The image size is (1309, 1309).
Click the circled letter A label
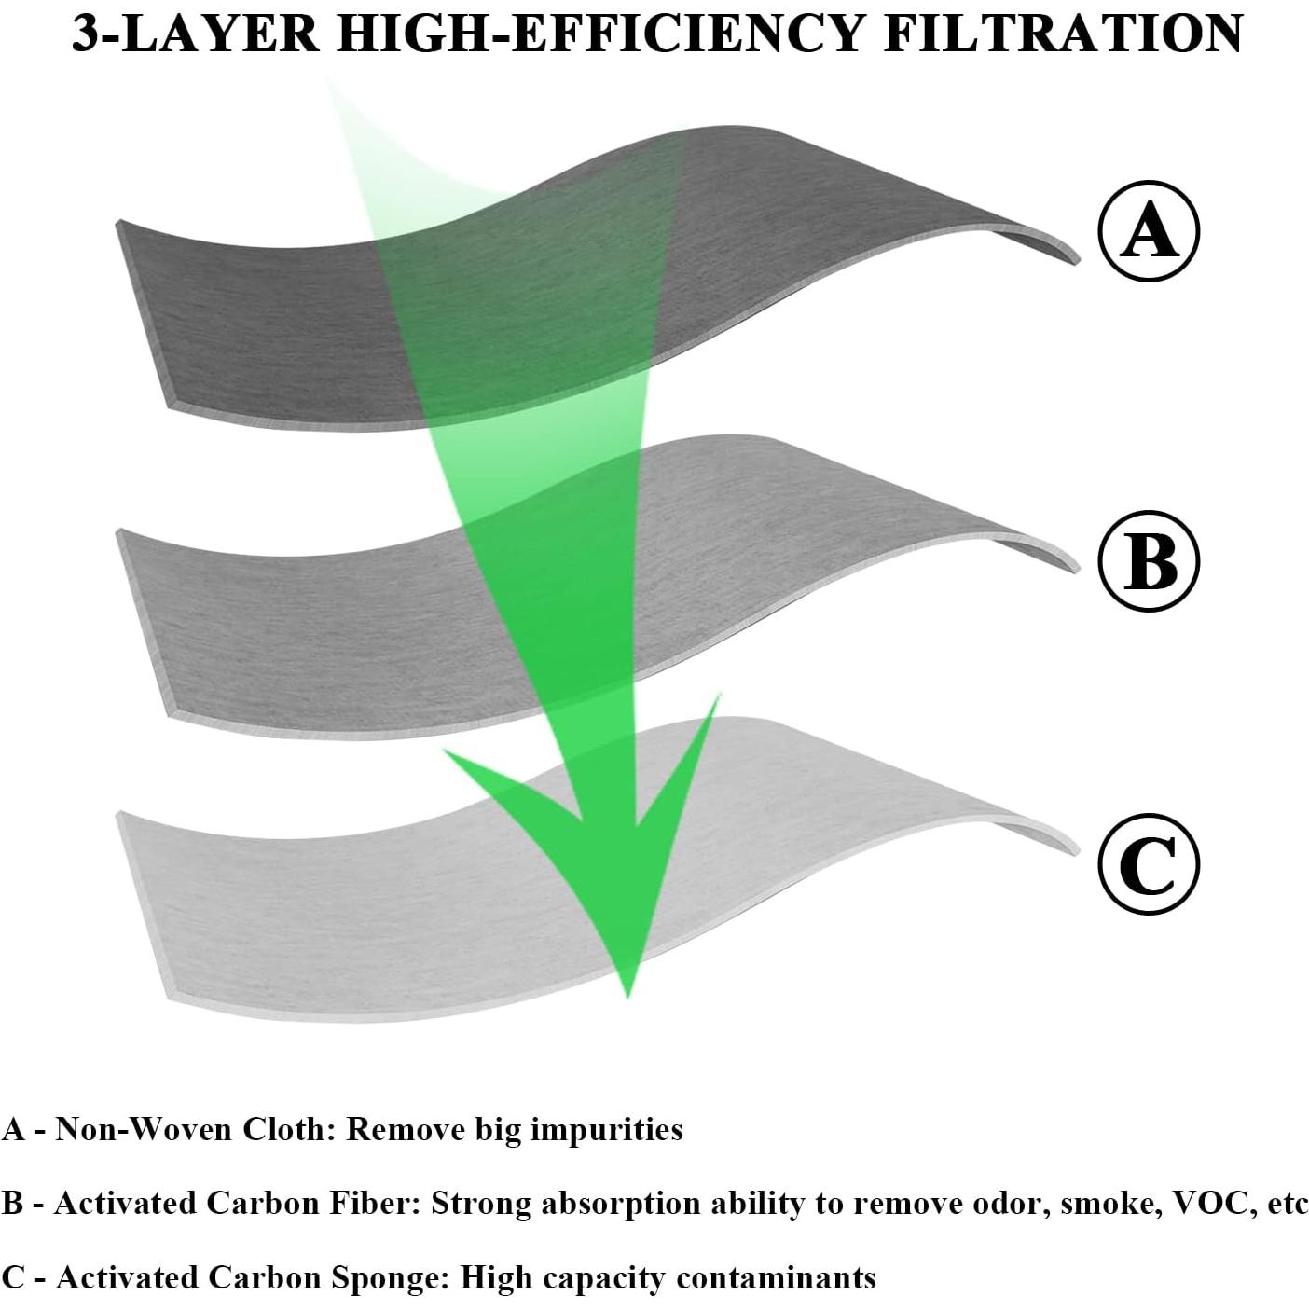pyautogui.click(x=1149, y=230)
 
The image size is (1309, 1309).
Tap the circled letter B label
pyautogui.click(x=1149, y=561)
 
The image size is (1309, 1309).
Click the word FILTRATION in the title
pyautogui.click(x=1063, y=34)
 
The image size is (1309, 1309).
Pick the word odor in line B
pyautogui.click(x=1007, y=1204)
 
